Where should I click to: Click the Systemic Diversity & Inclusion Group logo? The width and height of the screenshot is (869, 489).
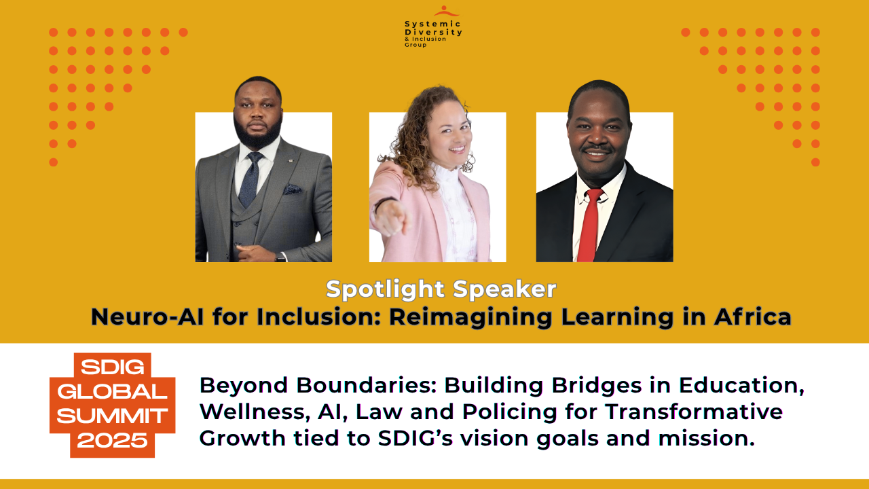coord(433,26)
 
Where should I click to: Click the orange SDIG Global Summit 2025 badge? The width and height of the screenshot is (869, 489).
coord(113,405)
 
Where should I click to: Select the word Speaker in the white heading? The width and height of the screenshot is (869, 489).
coord(504,289)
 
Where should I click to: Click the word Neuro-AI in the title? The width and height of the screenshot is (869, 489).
coord(147,316)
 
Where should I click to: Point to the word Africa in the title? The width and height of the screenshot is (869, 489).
coord(753,316)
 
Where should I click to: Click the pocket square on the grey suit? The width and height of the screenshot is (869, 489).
coord(292,189)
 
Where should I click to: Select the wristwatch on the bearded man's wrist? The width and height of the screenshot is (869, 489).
coord(280,257)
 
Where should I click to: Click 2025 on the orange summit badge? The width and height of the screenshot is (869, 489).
coord(113,441)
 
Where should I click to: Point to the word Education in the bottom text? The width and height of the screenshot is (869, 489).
coord(741,386)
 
